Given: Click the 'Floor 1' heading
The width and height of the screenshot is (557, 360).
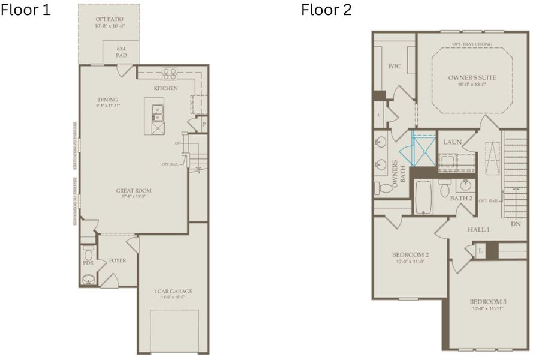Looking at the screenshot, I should click(x=26, y=10).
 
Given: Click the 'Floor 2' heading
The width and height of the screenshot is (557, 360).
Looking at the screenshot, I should click(x=326, y=10).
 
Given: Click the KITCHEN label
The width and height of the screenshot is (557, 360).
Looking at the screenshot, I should click(x=165, y=89).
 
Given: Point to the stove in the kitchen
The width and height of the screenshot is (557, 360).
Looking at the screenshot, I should click(x=170, y=74).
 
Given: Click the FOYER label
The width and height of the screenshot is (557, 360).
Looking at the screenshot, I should click(x=117, y=261).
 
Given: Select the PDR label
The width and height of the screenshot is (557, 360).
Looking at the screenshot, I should click(x=88, y=263).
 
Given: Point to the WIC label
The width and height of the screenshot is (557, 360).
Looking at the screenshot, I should click(x=394, y=66).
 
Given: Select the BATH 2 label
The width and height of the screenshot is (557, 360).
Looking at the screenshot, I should click(x=461, y=198).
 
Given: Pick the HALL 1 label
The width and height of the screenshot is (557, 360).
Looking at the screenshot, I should click(x=479, y=229).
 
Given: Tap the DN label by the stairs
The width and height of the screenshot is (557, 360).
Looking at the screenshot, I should click(x=516, y=224).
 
